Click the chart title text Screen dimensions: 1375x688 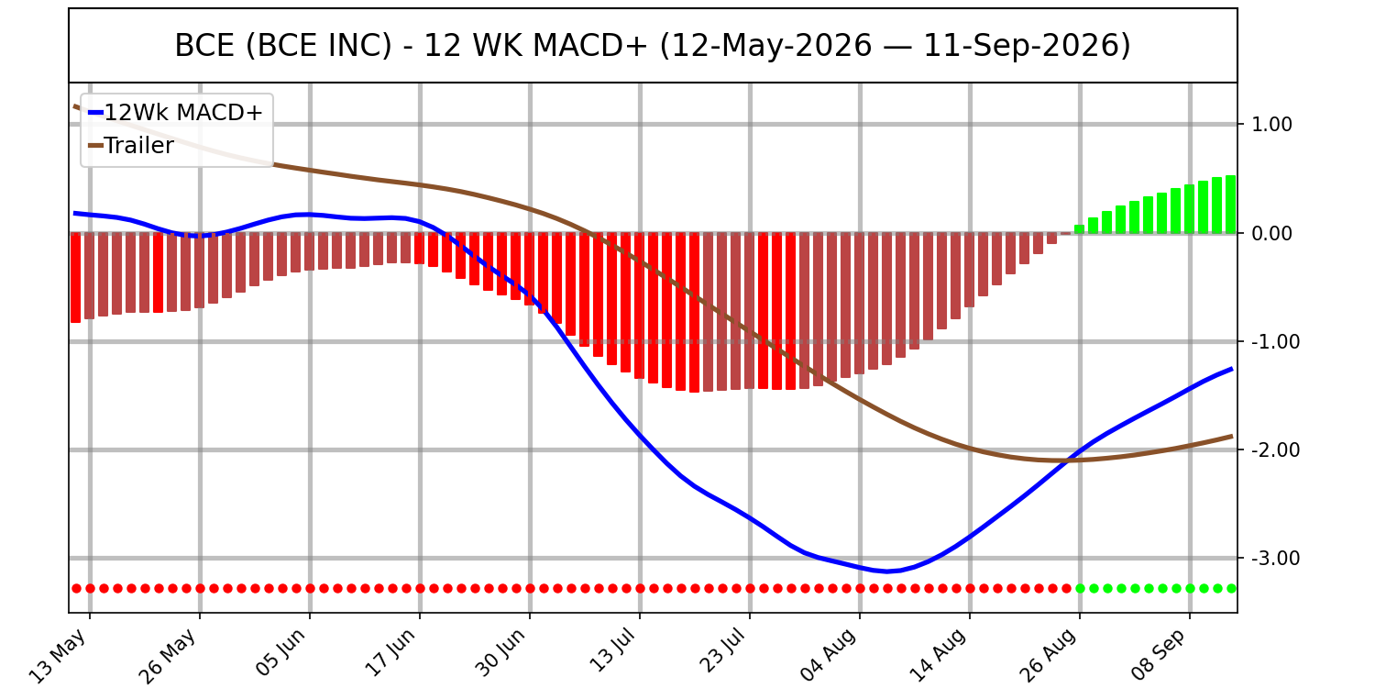point(653,46)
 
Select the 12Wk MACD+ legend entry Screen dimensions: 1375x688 point(176,113)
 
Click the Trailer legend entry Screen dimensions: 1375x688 point(131,146)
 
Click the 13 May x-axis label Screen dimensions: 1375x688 point(59,656)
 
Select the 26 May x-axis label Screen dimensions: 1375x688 point(168,656)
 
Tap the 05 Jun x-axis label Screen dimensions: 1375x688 point(280,653)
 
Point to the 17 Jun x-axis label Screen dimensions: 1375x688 point(390,653)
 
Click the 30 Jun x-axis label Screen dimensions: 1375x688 point(500,653)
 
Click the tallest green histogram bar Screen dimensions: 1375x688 point(1231,205)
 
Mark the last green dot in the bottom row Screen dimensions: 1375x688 point(1231,589)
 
